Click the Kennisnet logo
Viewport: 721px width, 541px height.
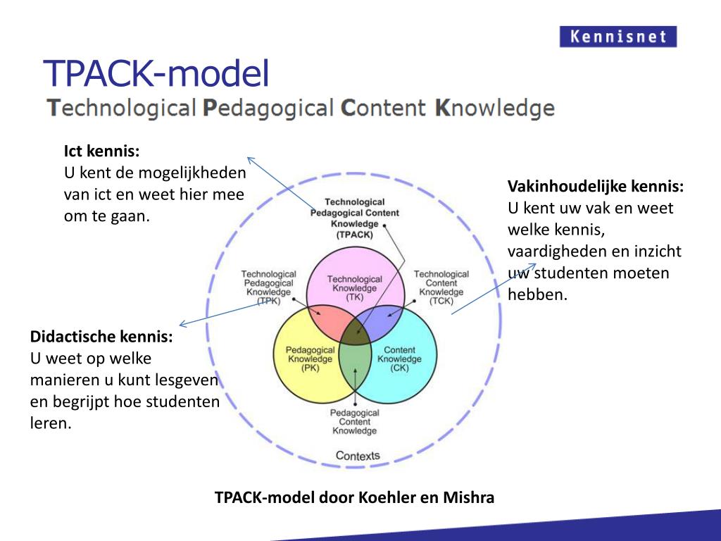pyautogui.click(x=617, y=37)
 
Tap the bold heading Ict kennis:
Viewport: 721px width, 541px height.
pyautogui.click(x=102, y=151)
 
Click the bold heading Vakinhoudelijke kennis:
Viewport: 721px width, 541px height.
pyautogui.click(x=596, y=187)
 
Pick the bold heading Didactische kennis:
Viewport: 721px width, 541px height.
pyautogui.click(x=101, y=337)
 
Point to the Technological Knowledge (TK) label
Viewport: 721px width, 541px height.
pyautogui.click(x=354, y=288)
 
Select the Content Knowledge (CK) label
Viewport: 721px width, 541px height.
pyautogui.click(x=399, y=359)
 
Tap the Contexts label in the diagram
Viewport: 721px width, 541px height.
pyautogui.click(x=358, y=456)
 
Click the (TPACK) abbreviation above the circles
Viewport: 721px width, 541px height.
pyautogui.click(x=355, y=234)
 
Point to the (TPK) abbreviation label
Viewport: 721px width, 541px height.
pyautogui.click(x=268, y=301)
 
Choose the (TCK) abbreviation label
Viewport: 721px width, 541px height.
pyautogui.click(x=441, y=301)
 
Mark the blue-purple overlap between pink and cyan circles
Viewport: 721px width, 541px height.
pyautogui.click(x=383, y=321)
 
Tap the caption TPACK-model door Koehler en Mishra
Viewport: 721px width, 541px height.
pyautogui.click(x=354, y=498)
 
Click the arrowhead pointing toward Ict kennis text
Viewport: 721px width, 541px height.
pyautogui.click(x=249, y=159)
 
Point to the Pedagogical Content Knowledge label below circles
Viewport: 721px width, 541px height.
pyautogui.click(x=355, y=421)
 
